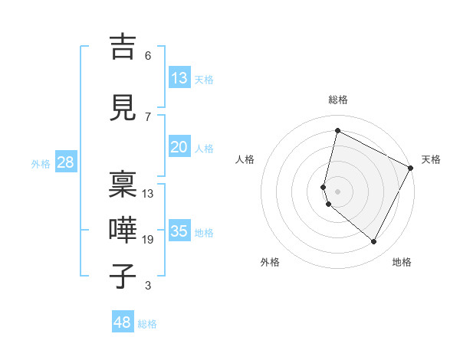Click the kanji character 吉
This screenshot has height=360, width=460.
pos(122,47)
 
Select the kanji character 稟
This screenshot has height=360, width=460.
pos(122,183)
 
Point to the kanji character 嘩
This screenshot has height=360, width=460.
pos(122,228)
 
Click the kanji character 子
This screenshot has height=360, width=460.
pos(122,275)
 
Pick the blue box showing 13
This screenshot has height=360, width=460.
pos(179,78)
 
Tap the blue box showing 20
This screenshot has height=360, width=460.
pos(179,147)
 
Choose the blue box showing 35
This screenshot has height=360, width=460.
pos(179,231)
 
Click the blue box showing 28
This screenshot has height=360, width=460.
pos(65,162)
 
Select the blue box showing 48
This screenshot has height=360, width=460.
pos(123,322)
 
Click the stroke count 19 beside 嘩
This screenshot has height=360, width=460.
pos(148,240)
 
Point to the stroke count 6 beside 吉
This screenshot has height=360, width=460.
pos(148,56)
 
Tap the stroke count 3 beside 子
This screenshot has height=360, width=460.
pos(148,286)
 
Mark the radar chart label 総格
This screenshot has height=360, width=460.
pos(338,100)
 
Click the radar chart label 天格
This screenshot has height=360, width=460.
pos(431,159)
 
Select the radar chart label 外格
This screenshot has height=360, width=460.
pos(270,262)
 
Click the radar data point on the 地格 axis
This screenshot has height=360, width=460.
pos(374,242)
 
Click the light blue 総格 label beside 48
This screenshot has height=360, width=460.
pos(147,324)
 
